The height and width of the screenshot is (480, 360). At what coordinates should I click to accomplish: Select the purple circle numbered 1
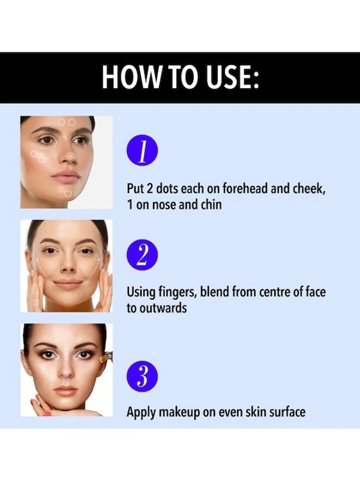coord(142,152)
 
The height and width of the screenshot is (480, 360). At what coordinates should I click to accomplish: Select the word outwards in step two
coord(164,308)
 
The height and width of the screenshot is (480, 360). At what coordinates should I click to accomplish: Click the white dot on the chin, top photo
coord(68,193)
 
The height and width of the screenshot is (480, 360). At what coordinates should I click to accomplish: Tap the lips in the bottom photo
coord(65,391)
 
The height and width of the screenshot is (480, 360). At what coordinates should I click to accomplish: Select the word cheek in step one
coord(310,189)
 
